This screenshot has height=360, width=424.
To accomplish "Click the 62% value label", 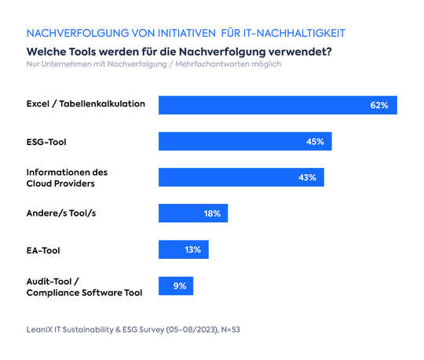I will (x=379, y=105).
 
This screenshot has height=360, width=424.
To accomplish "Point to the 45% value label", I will (x=316, y=141).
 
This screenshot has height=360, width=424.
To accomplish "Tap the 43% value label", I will (x=307, y=177).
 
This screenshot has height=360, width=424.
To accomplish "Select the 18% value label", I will (x=213, y=213).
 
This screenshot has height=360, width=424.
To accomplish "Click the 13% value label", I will (x=193, y=249).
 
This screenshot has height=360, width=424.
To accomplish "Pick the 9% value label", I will (x=180, y=285).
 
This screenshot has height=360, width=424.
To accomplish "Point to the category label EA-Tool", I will (x=44, y=250).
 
